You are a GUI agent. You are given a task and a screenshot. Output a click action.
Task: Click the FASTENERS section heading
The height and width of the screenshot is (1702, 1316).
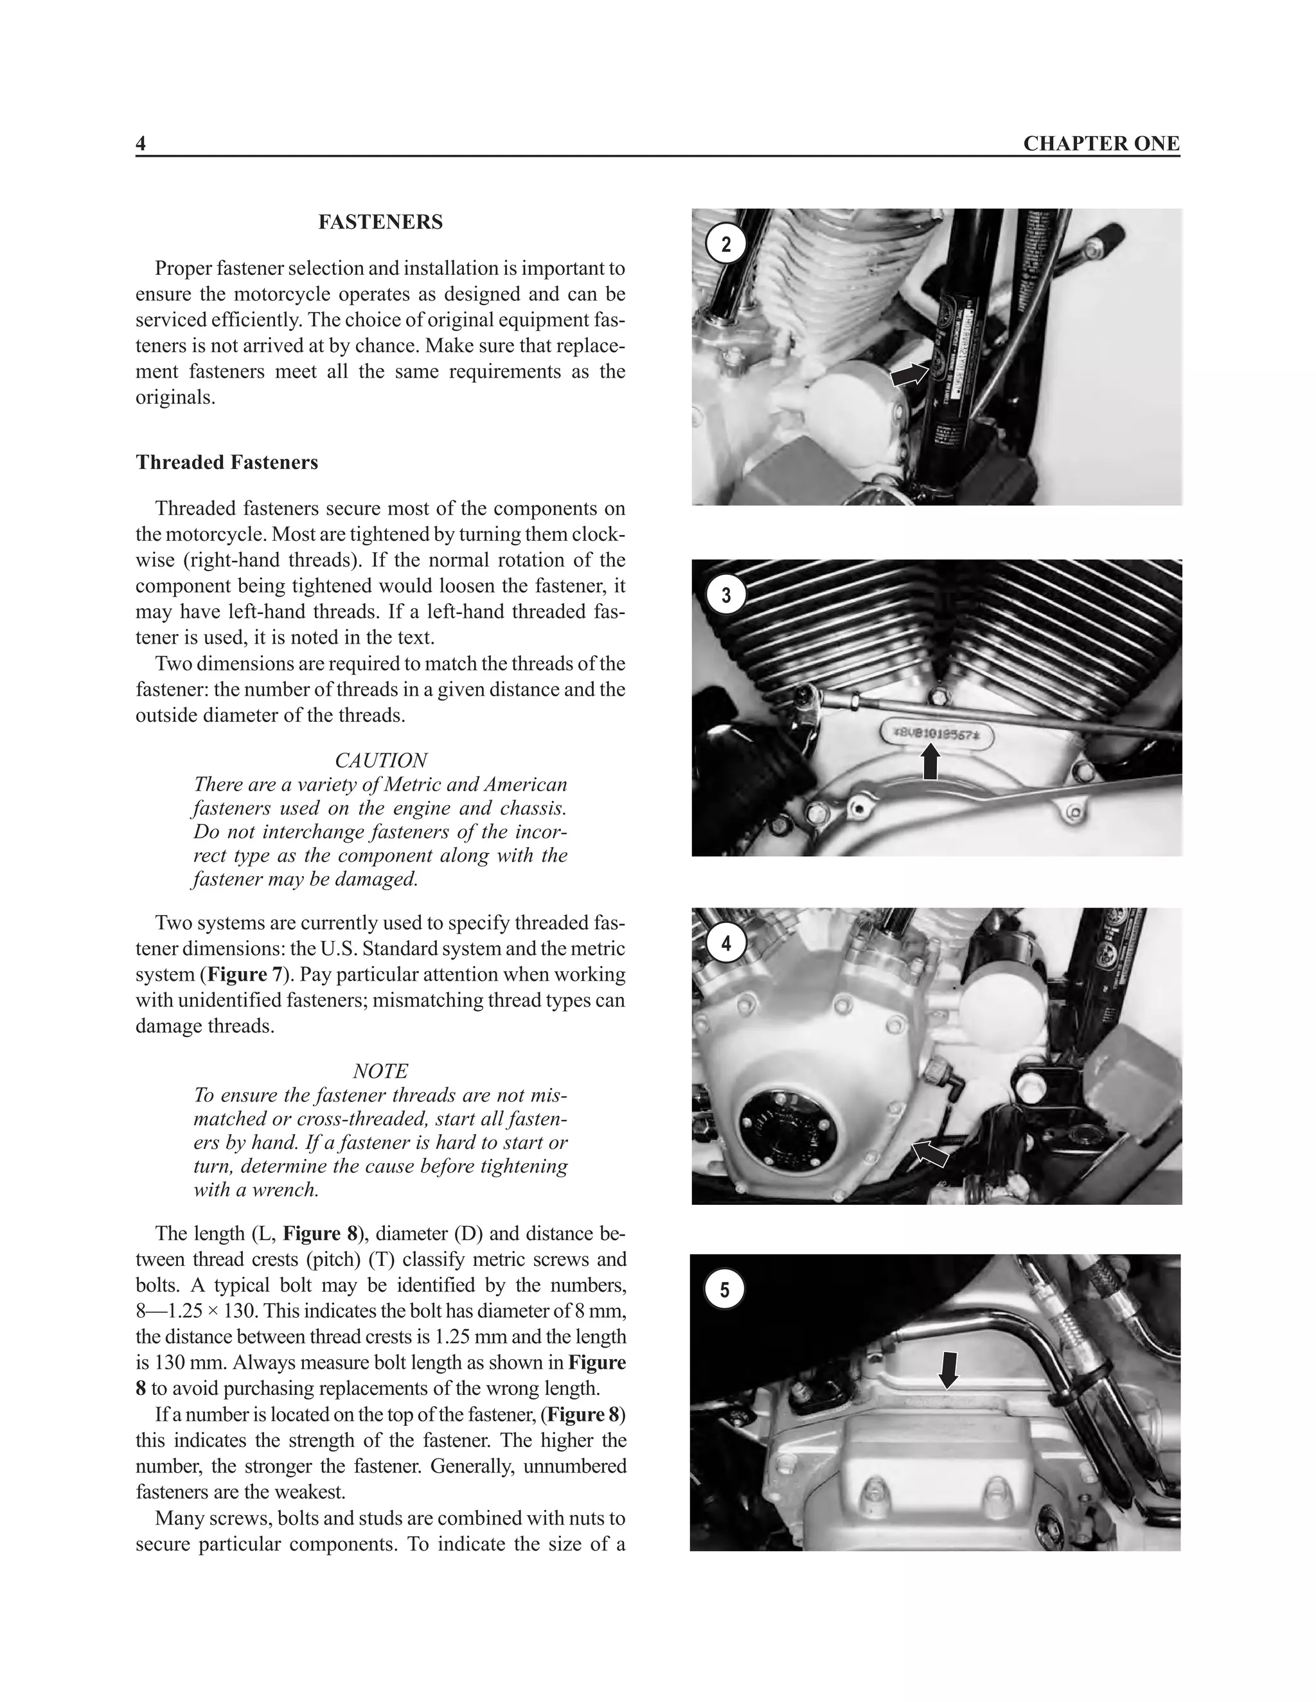[380, 222]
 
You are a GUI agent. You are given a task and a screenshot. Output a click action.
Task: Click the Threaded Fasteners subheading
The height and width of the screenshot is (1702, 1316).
[227, 462]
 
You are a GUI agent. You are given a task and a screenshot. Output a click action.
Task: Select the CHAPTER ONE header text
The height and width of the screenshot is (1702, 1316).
[1101, 143]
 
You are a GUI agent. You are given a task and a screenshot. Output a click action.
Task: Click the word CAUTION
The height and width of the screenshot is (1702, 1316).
[380, 760]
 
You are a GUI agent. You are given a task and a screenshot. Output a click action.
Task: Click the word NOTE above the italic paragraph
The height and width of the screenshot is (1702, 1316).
[380, 1071]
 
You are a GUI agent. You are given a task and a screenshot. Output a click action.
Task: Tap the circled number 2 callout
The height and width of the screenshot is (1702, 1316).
[726, 245]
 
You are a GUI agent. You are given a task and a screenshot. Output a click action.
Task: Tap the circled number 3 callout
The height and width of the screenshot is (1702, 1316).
[726, 595]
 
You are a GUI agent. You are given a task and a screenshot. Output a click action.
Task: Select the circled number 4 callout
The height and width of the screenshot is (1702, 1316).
[726, 943]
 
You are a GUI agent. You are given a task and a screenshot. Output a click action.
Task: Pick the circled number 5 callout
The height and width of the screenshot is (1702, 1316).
[724, 1290]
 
